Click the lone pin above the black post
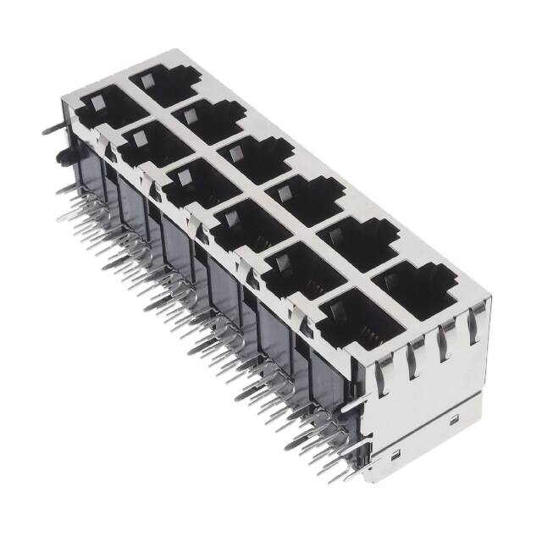(x=48, y=130)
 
